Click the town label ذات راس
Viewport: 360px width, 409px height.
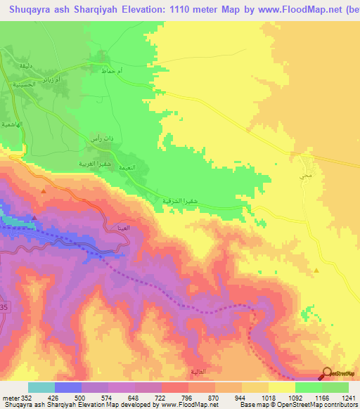[100, 140]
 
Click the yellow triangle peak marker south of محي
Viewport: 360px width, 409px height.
[316, 269]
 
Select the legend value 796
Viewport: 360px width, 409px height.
[186, 397]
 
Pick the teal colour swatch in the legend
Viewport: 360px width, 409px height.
[41, 387]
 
